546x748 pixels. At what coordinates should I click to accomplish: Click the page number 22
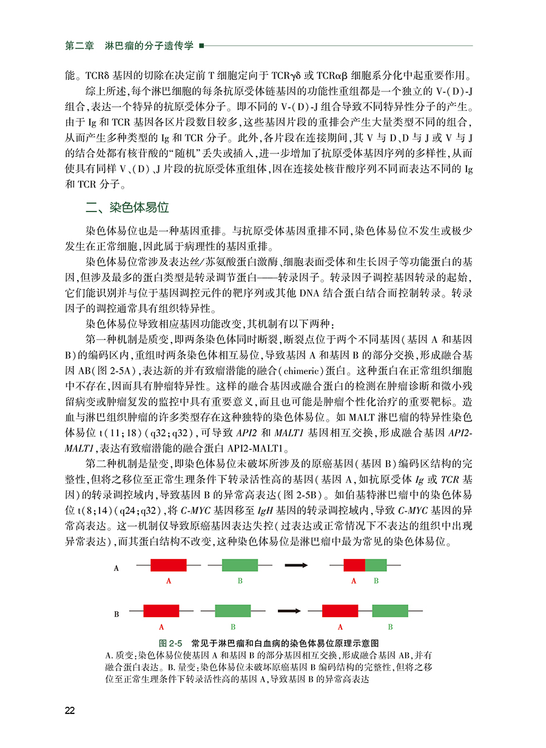click(x=70, y=710)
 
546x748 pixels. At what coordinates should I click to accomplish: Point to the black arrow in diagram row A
click(x=296, y=566)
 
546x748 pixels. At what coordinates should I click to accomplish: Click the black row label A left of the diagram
click(x=116, y=568)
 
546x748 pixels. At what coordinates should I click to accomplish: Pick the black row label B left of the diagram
click(x=116, y=613)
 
